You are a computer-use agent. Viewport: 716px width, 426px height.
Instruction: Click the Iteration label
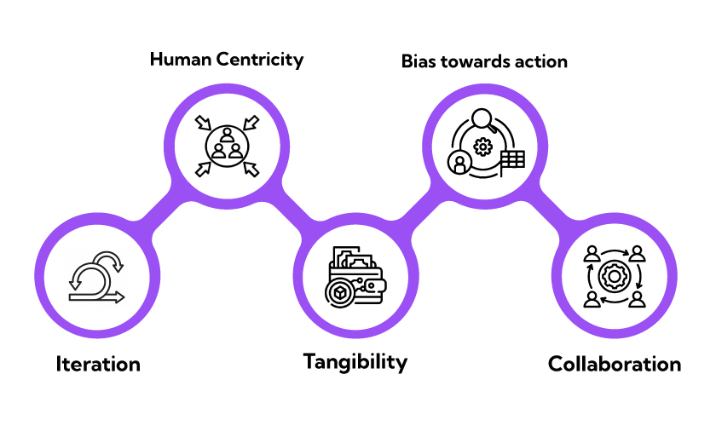[98, 364]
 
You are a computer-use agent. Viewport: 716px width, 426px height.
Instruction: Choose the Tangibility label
[355, 361]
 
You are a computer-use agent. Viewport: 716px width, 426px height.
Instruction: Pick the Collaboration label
[614, 365]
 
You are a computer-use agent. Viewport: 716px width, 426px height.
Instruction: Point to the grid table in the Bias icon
[512, 159]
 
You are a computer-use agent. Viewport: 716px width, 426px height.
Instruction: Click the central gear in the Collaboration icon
[614, 276]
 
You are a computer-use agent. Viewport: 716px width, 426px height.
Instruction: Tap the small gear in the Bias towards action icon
[483, 147]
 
